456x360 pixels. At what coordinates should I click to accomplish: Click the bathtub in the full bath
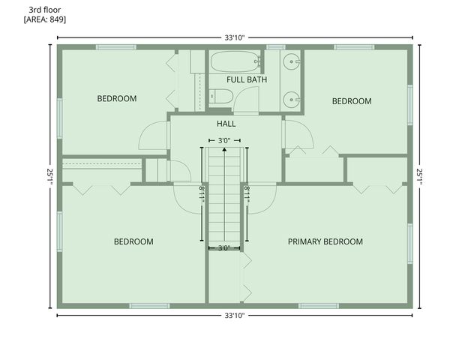(x=234, y=62)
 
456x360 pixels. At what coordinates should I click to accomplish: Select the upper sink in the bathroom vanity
(x=291, y=63)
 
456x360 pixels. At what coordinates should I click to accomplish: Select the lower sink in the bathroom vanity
(x=291, y=98)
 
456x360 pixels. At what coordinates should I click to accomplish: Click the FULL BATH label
(x=247, y=79)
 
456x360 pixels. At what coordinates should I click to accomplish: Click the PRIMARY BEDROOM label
(x=325, y=241)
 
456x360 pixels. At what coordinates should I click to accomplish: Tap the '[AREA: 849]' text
(x=45, y=19)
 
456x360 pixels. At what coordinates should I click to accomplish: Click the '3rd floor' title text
(x=45, y=9)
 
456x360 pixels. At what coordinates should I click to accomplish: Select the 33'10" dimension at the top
(x=235, y=36)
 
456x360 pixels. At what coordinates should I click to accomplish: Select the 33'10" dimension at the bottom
(x=235, y=315)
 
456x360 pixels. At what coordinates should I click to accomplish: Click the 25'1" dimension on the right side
(x=418, y=177)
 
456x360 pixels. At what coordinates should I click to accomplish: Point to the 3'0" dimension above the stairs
(x=223, y=140)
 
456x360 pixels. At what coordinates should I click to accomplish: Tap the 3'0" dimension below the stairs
(x=223, y=247)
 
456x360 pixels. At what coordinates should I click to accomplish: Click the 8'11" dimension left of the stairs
(x=201, y=193)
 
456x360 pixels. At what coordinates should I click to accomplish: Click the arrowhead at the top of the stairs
(x=223, y=149)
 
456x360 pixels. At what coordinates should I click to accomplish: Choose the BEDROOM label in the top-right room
(x=352, y=101)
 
